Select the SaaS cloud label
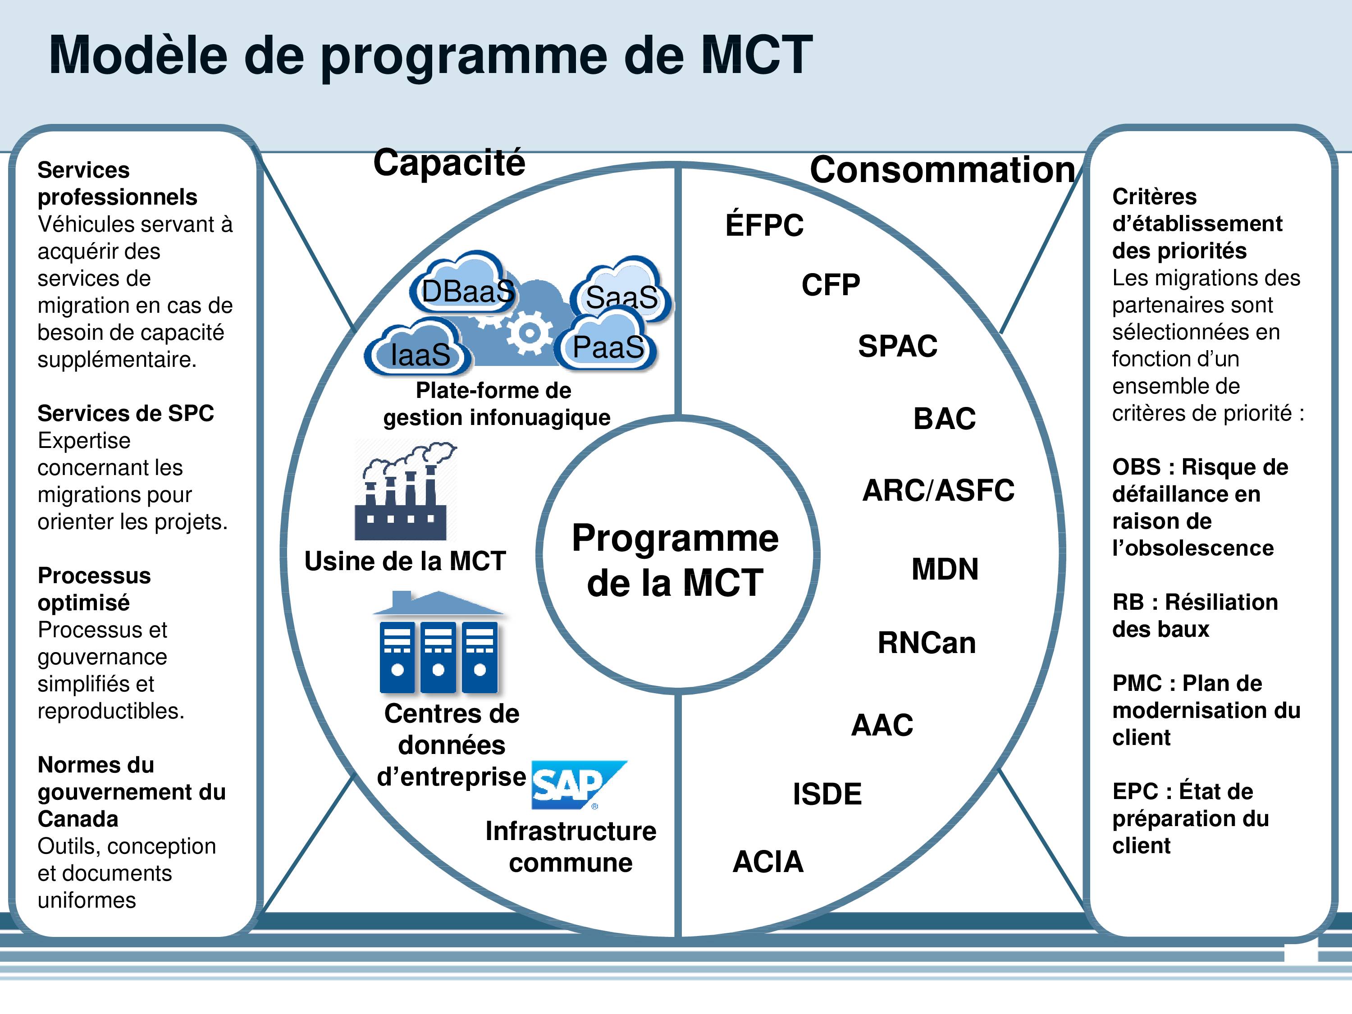[621, 297]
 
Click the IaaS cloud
[419, 348]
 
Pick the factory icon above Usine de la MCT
[405, 491]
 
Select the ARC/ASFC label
[938, 490]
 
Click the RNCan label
[927, 643]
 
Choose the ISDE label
[827, 794]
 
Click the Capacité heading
[449, 163]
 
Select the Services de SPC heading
[126, 413]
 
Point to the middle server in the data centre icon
[438, 657]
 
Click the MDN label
[945, 569]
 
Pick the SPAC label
[897, 346]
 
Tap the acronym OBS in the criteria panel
[1136, 467]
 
